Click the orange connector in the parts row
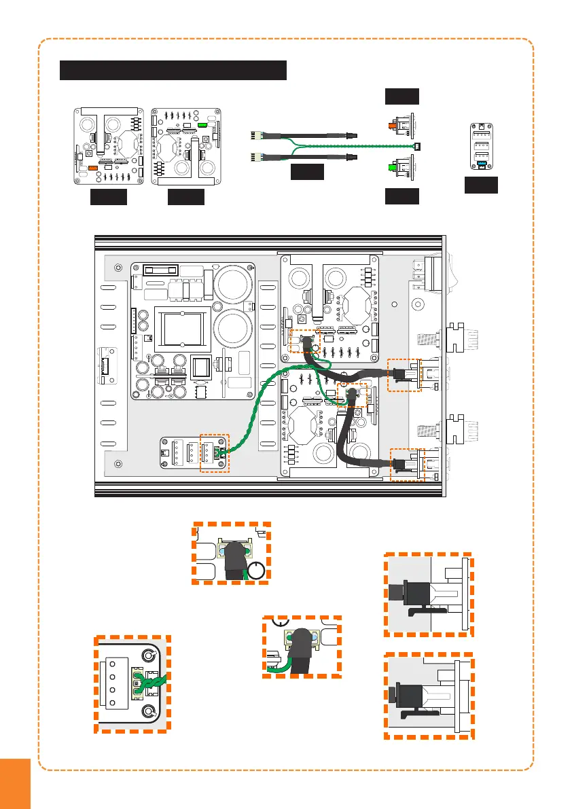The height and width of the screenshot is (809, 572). pos(393,126)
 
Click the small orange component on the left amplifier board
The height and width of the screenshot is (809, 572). pos(92,165)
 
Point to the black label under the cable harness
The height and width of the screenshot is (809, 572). pos(306,173)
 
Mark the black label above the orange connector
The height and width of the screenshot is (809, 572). pos(401,96)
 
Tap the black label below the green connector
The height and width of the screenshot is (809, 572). pos(401,197)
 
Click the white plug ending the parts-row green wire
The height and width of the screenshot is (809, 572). pos(418,146)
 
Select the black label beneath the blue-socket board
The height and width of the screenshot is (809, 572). pos(481,185)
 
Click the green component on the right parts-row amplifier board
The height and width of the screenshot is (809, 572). pos(202,126)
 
